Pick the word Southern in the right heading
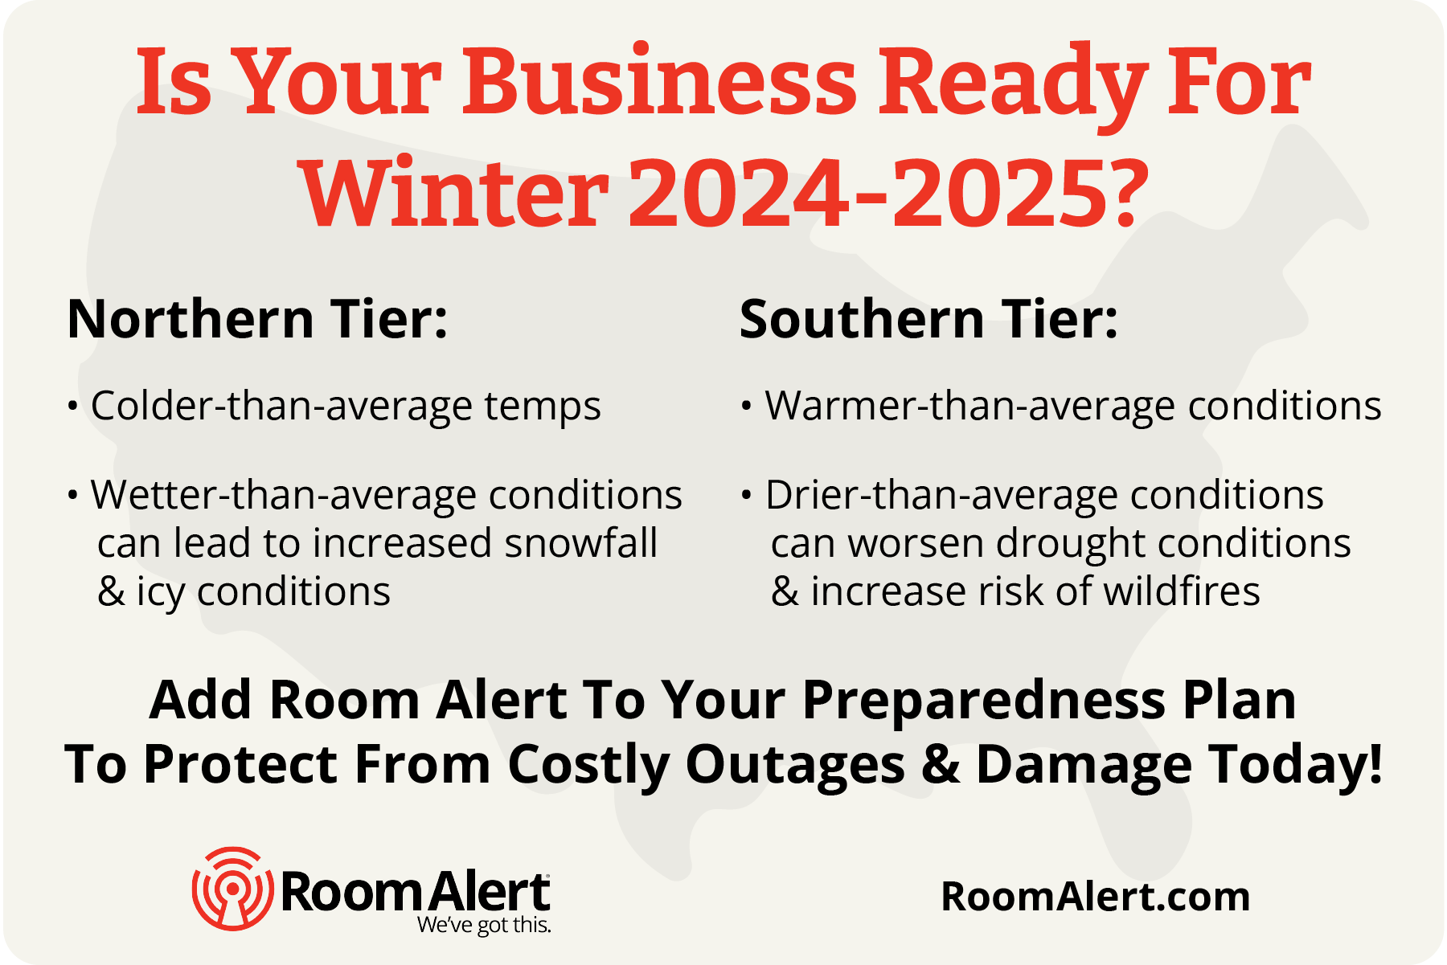[863, 319]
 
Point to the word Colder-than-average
[281, 405]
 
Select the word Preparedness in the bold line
[985, 701]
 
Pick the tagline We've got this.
[484, 925]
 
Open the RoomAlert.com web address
[1096, 896]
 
